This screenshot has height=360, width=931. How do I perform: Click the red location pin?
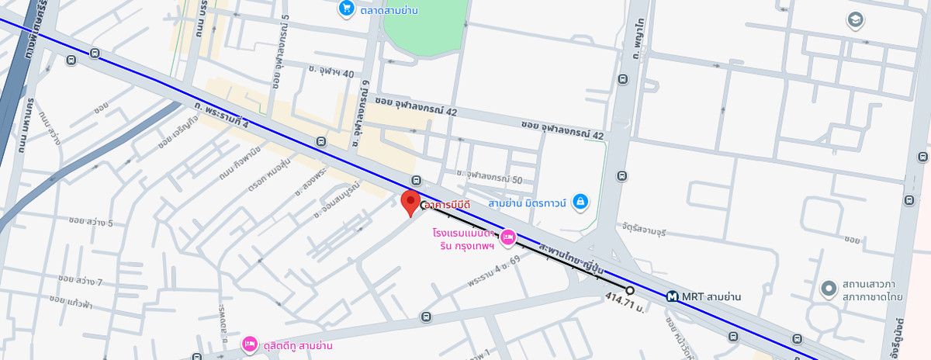click(410, 202)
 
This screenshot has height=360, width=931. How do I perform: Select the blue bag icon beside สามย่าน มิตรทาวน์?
click(580, 203)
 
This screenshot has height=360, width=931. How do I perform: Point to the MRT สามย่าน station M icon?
click(673, 296)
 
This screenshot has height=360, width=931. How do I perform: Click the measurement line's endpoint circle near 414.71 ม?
click(630, 290)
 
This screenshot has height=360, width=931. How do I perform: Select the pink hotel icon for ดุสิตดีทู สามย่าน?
click(249, 344)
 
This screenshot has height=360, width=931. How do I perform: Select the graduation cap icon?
click(856, 20)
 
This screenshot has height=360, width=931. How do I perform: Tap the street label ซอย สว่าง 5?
click(91, 223)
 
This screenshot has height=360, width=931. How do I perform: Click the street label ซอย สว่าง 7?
click(80, 279)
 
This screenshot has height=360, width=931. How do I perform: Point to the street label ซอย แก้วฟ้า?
click(75, 299)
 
